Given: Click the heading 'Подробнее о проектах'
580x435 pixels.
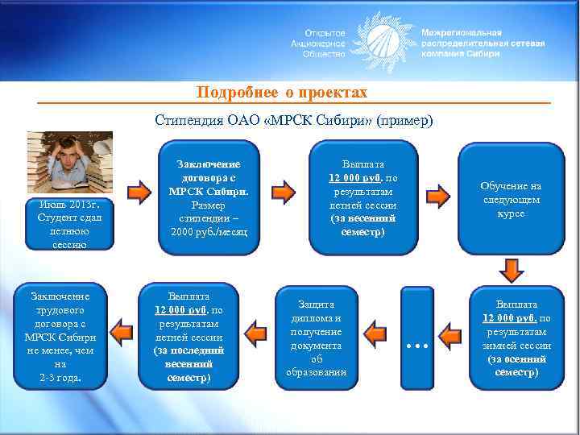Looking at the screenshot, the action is tap(282, 93).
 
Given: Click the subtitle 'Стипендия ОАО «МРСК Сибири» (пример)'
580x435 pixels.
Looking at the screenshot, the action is tap(293, 120).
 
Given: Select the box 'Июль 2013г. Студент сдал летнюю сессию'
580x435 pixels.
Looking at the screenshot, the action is tap(69, 222).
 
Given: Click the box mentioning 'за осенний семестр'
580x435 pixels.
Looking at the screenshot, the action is tap(516, 338).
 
